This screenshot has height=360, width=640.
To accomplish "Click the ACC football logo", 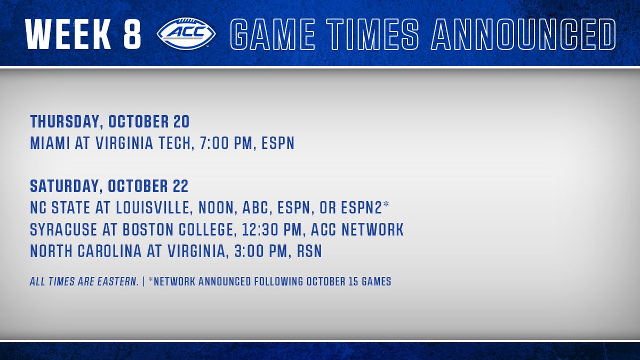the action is (x=186, y=34).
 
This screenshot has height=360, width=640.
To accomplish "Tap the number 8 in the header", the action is (x=132, y=34).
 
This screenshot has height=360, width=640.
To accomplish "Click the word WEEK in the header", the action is (x=68, y=34).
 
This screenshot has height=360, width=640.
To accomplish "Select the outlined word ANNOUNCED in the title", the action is (x=524, y=34).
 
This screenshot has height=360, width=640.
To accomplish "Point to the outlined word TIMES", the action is (x=373, y=34).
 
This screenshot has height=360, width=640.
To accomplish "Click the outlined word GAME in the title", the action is (x=273, y=34).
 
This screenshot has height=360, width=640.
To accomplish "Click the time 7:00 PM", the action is (x=226, y=143).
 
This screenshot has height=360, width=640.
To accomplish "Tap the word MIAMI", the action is (x=50, y=143).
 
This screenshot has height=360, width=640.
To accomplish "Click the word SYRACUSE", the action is (x=63, y=229).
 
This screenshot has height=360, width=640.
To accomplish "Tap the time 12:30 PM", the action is (x=272, y=229).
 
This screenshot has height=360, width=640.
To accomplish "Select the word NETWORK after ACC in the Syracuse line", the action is (x=373, y=229).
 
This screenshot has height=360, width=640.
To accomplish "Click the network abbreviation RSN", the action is (x=309, y=251).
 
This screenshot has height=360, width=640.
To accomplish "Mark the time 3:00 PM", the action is (x=261, y=251).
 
